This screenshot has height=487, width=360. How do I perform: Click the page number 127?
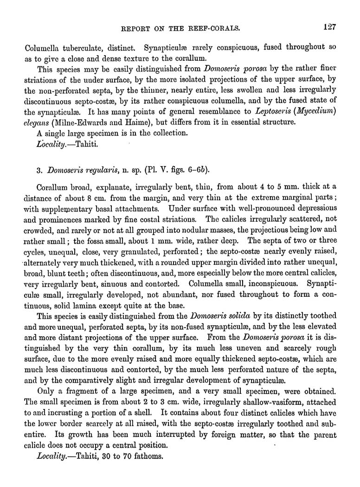[329, 26]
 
